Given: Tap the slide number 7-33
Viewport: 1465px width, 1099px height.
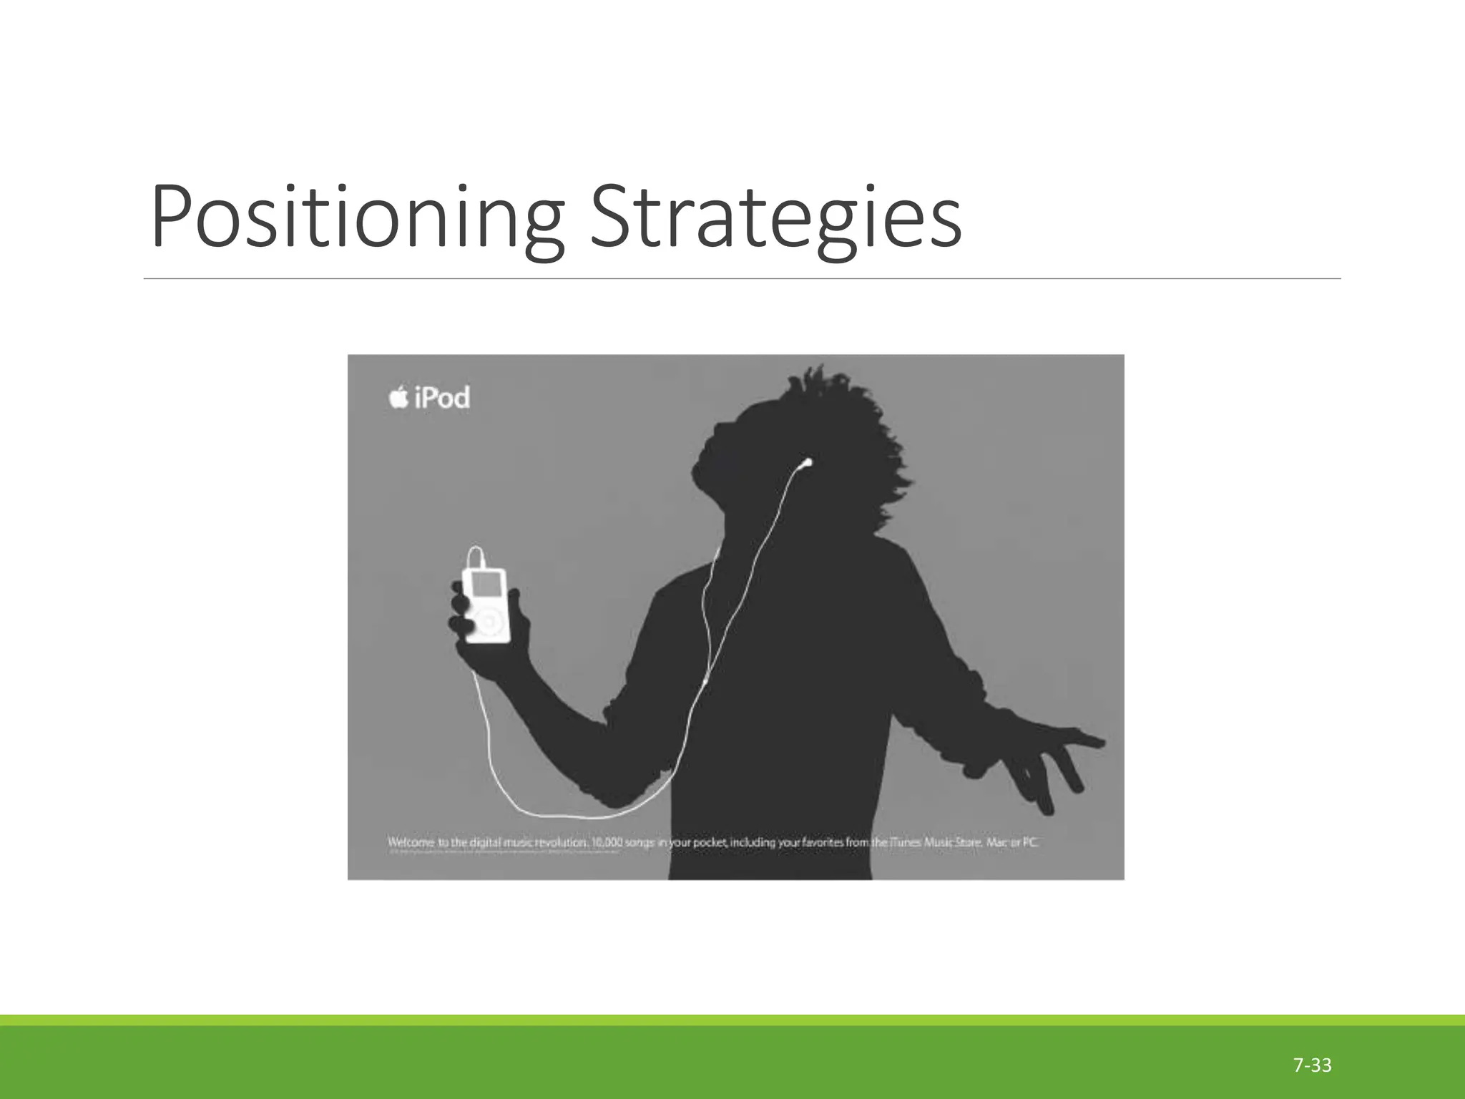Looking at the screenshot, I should (1312, 1065).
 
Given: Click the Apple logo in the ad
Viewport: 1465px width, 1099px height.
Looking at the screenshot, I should (398, 397).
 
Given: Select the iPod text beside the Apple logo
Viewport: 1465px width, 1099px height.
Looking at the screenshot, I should (442, 398).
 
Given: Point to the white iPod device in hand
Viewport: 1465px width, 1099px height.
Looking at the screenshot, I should (486, 605).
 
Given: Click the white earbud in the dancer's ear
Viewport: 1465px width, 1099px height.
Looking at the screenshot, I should (807, 462).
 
